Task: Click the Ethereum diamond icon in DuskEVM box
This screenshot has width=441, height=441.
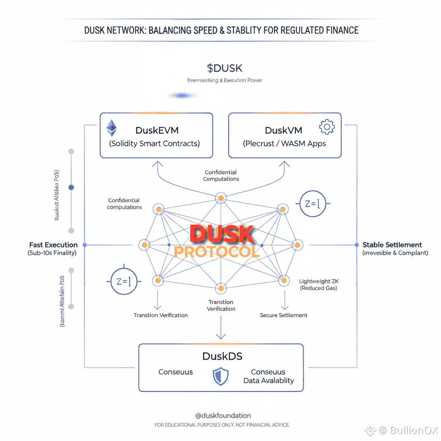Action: point(112,127)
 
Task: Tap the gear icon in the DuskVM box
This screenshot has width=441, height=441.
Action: point(326,127)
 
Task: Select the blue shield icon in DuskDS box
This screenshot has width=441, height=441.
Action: point(220,376)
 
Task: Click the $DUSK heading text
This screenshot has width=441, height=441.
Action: point(224,68)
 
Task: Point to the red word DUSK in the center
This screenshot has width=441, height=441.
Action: point(221,234)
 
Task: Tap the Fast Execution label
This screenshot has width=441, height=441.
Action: point(53,245)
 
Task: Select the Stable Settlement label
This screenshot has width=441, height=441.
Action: point(392,245)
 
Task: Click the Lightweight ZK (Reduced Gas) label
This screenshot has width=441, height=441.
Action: point(319,284)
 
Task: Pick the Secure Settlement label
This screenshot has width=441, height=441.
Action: point(284,315)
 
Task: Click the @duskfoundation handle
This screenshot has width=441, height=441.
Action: point(223,416)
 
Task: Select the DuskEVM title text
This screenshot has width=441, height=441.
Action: point(157,130)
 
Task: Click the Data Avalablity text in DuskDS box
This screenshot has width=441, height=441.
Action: point(269,381)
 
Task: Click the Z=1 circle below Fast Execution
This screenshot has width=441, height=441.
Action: point(124,282)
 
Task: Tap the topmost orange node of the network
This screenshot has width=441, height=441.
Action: point(221,198)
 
